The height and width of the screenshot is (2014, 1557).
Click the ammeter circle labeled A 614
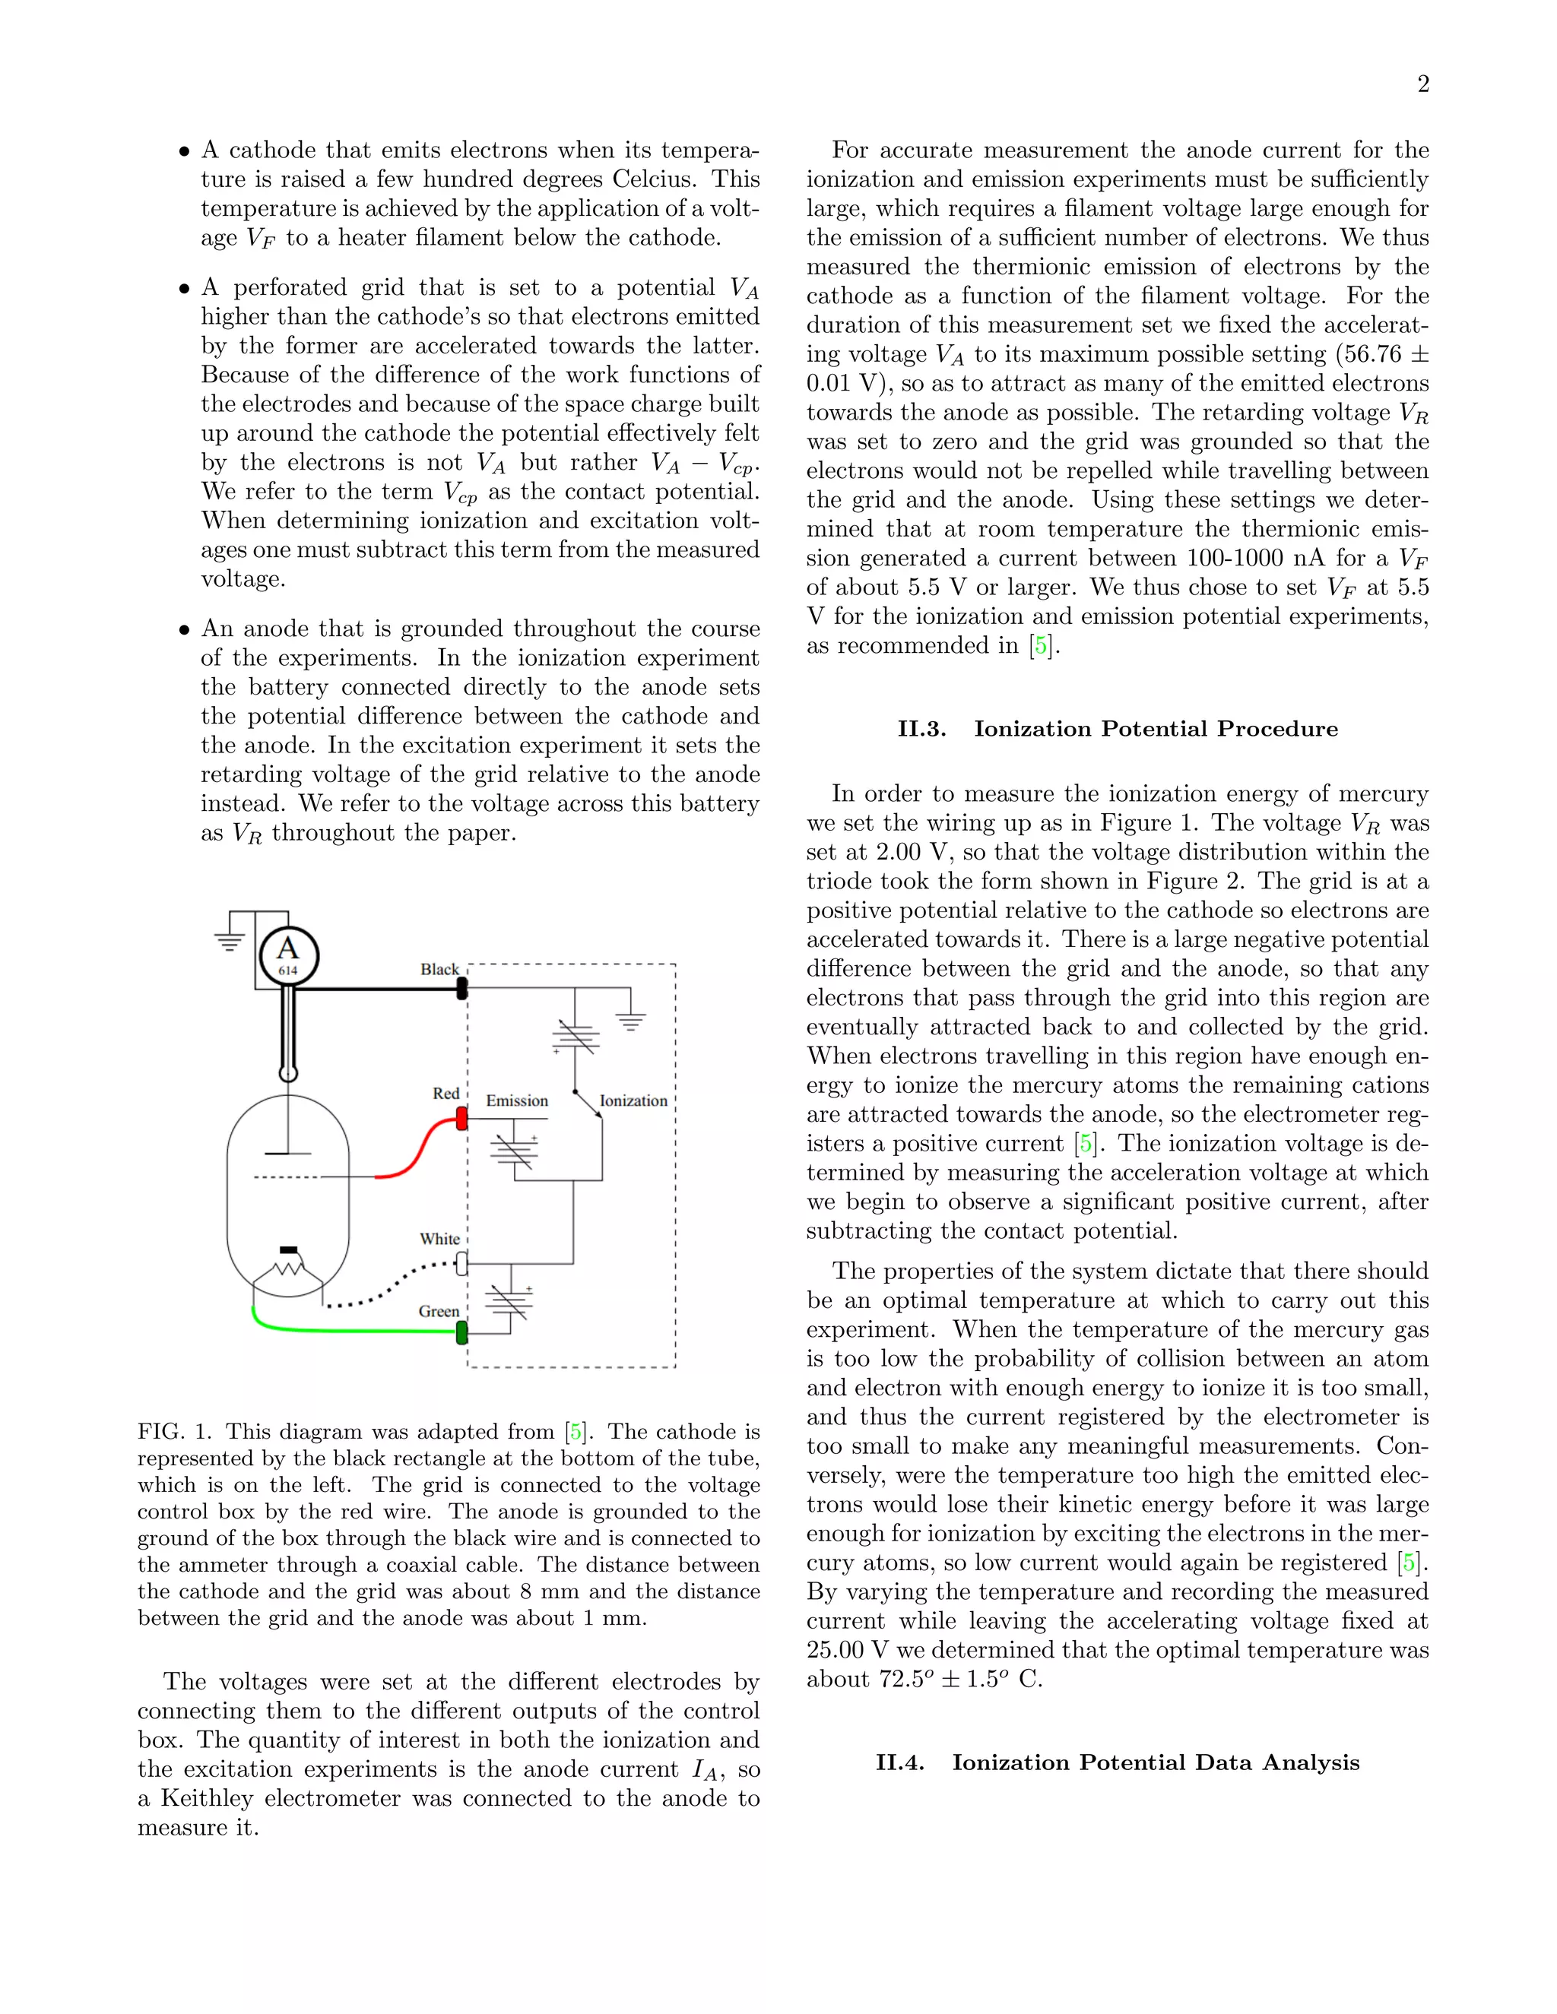288,955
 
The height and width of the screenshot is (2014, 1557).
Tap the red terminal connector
462,1119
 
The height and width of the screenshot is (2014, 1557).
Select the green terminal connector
462,1332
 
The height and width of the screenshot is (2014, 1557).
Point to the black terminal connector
462,989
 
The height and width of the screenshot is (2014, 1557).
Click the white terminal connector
462,1263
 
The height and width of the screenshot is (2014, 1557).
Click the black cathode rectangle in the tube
288,1249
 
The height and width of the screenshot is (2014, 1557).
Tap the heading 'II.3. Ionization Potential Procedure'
1117,729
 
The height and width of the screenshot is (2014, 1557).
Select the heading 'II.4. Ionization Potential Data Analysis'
1117,1762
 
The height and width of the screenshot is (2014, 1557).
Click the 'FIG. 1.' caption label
174,1431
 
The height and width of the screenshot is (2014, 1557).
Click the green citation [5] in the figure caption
576,1431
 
